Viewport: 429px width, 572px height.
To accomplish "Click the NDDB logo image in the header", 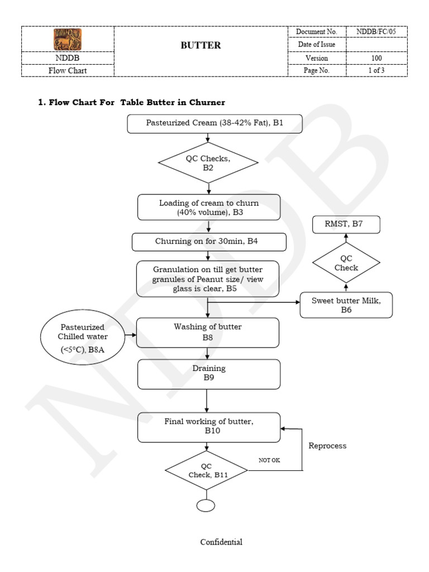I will [x=68, y=39].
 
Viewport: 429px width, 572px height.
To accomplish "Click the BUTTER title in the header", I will [x=201, y=46].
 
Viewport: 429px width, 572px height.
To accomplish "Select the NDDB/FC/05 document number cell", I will [x=376, y=32].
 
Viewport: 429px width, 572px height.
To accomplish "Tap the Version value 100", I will [x=376, y=58].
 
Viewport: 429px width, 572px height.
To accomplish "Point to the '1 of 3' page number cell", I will [x=376, y=71].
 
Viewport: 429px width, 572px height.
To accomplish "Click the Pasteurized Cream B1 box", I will [x=214, y=123].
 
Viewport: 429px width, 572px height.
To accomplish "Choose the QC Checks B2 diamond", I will [x=208, y=163].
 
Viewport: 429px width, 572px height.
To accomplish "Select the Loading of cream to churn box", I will [x=209, y=207].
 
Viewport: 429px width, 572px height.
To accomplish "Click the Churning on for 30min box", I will [x=209, y=242].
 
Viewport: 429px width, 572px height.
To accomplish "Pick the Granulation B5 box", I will [x=208, y=279].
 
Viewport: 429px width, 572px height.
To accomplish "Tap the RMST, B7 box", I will [x=346, y=225].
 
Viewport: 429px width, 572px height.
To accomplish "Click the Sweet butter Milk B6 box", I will [x=346, y=305].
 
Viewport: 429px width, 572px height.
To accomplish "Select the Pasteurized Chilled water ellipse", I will [x=83, y=336].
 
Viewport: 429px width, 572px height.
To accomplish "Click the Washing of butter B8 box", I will [x=208, y=332].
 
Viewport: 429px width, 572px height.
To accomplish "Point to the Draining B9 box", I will [x=208, y=373].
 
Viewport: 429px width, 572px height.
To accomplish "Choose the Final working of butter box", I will [x=208, y=426].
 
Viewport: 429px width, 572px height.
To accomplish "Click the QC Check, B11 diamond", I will [x=207, y=471].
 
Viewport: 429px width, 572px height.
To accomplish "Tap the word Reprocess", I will [x=327, y=446].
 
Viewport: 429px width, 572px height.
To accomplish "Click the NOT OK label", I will [x=269, y=460].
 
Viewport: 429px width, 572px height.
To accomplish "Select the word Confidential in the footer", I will [x=222, y=542].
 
